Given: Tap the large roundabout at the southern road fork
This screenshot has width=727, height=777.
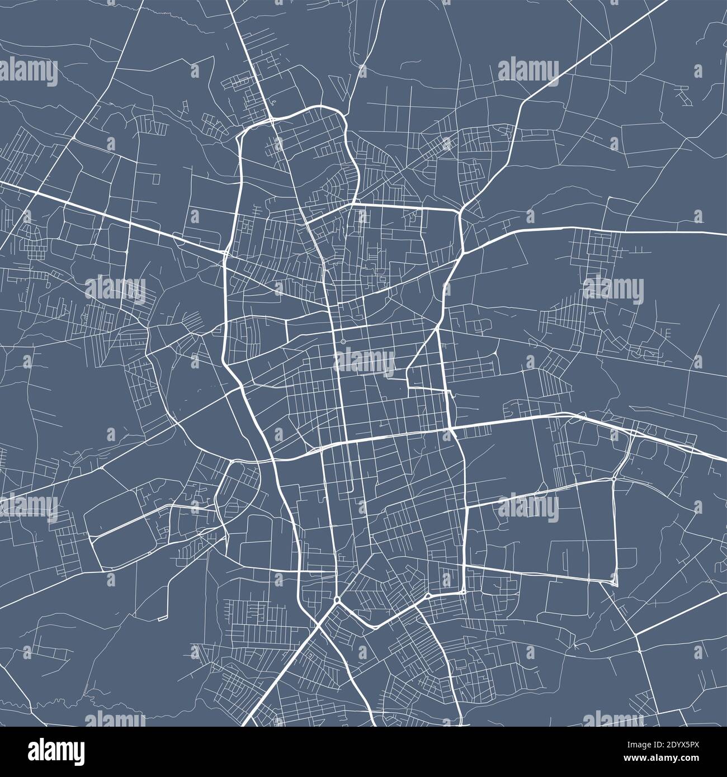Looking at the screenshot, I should pos(337,600).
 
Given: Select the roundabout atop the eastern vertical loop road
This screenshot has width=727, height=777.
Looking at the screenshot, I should pos(614,478).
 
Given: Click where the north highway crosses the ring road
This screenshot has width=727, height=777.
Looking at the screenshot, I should pos(270,119).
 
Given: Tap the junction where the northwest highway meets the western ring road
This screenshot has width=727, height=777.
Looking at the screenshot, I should pos(225,253).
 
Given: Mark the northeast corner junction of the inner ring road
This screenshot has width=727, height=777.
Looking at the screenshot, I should pos(460,211).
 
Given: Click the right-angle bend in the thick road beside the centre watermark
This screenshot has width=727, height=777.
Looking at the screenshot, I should pos(410,386).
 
